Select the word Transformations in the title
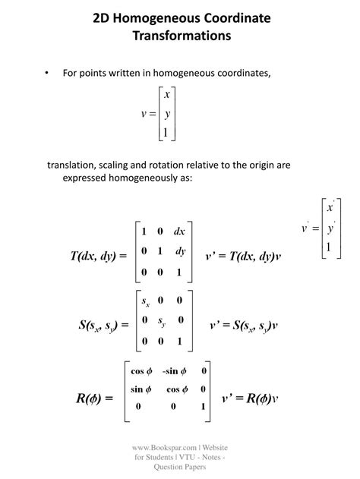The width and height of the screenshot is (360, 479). (181, 35)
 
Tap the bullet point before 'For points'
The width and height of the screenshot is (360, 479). (47, 74)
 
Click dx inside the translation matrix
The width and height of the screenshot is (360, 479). (180, 231)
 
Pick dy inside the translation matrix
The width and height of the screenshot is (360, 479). (181, 251)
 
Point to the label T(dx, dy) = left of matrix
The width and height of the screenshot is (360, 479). (99, 256)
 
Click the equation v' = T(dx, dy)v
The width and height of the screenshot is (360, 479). (243, 256)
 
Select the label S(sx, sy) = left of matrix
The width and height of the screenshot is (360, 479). (103, 326)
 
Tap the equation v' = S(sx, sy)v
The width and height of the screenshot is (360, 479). (244, 326)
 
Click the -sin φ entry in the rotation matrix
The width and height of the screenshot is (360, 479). (173, 371)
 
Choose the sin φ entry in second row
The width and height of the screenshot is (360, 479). (141, 389)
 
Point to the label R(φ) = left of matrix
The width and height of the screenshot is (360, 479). (95, 397)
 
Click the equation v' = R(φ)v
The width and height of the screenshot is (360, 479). (250, 397)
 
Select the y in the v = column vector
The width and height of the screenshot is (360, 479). (167, 114)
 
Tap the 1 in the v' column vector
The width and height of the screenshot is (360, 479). (328, 247)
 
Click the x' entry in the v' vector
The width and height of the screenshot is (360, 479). (330, 207)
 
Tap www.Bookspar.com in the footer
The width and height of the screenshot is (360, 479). (165, 449)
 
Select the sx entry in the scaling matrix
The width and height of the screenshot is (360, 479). (145, 301)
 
